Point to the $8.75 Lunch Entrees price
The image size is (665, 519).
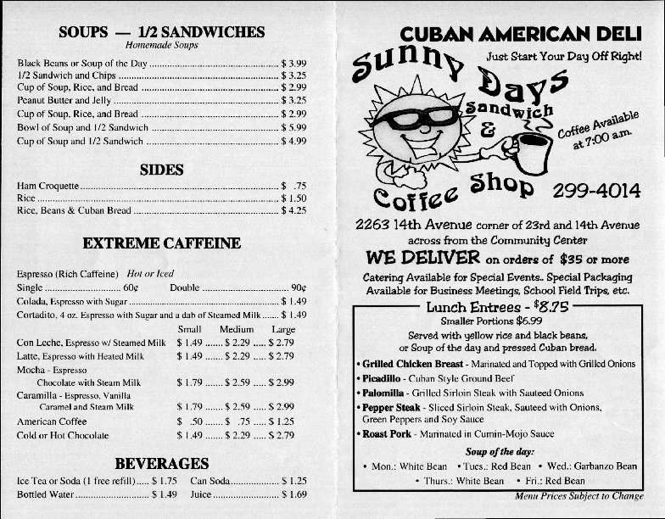(550, 307)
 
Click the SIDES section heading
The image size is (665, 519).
(161, 170)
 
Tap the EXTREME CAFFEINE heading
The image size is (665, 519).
(161, 243)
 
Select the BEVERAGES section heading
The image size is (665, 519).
(161, 463)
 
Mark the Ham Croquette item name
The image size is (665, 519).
(47, 185)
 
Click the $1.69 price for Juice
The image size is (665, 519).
(293, 494)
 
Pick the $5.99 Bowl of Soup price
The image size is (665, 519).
(293, 128)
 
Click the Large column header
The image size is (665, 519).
(282, 329)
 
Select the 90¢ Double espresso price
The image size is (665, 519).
(298, 287)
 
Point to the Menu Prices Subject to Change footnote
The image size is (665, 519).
(578, 496)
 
